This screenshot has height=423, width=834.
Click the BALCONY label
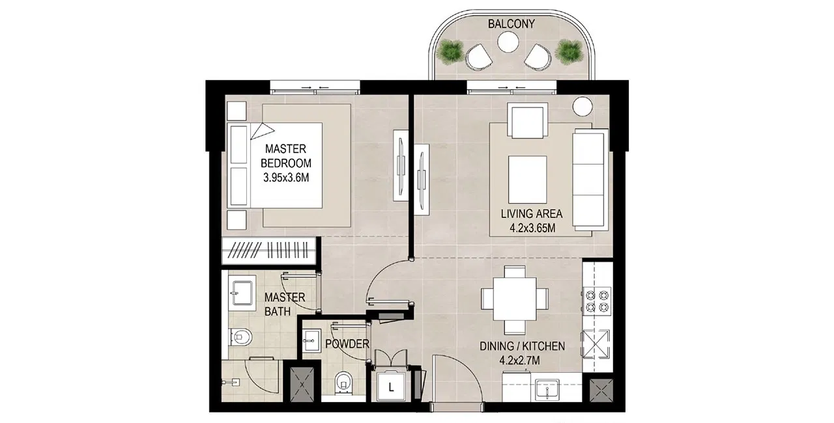[511, 24]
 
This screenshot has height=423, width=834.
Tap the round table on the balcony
[508, 42]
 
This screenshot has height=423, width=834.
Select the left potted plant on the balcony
[450, 51]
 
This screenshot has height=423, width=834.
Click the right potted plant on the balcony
[569, 51]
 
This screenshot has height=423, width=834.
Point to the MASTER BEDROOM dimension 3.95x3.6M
[286, 178]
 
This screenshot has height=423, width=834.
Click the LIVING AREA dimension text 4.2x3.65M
[532, 228]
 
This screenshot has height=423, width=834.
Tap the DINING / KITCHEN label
[522, 346]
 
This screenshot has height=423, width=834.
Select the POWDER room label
[347, 344]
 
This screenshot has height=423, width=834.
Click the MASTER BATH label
[285, 304]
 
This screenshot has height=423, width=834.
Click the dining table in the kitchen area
[515, 299]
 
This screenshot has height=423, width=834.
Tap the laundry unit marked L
[390, 388]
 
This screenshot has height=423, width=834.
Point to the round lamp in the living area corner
[582, 107]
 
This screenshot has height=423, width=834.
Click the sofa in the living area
[590, 178]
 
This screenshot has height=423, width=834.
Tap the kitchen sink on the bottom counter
[547, 390]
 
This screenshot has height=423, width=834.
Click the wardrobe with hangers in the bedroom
[269, 250]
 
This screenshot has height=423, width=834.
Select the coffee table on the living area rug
[528, 180]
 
